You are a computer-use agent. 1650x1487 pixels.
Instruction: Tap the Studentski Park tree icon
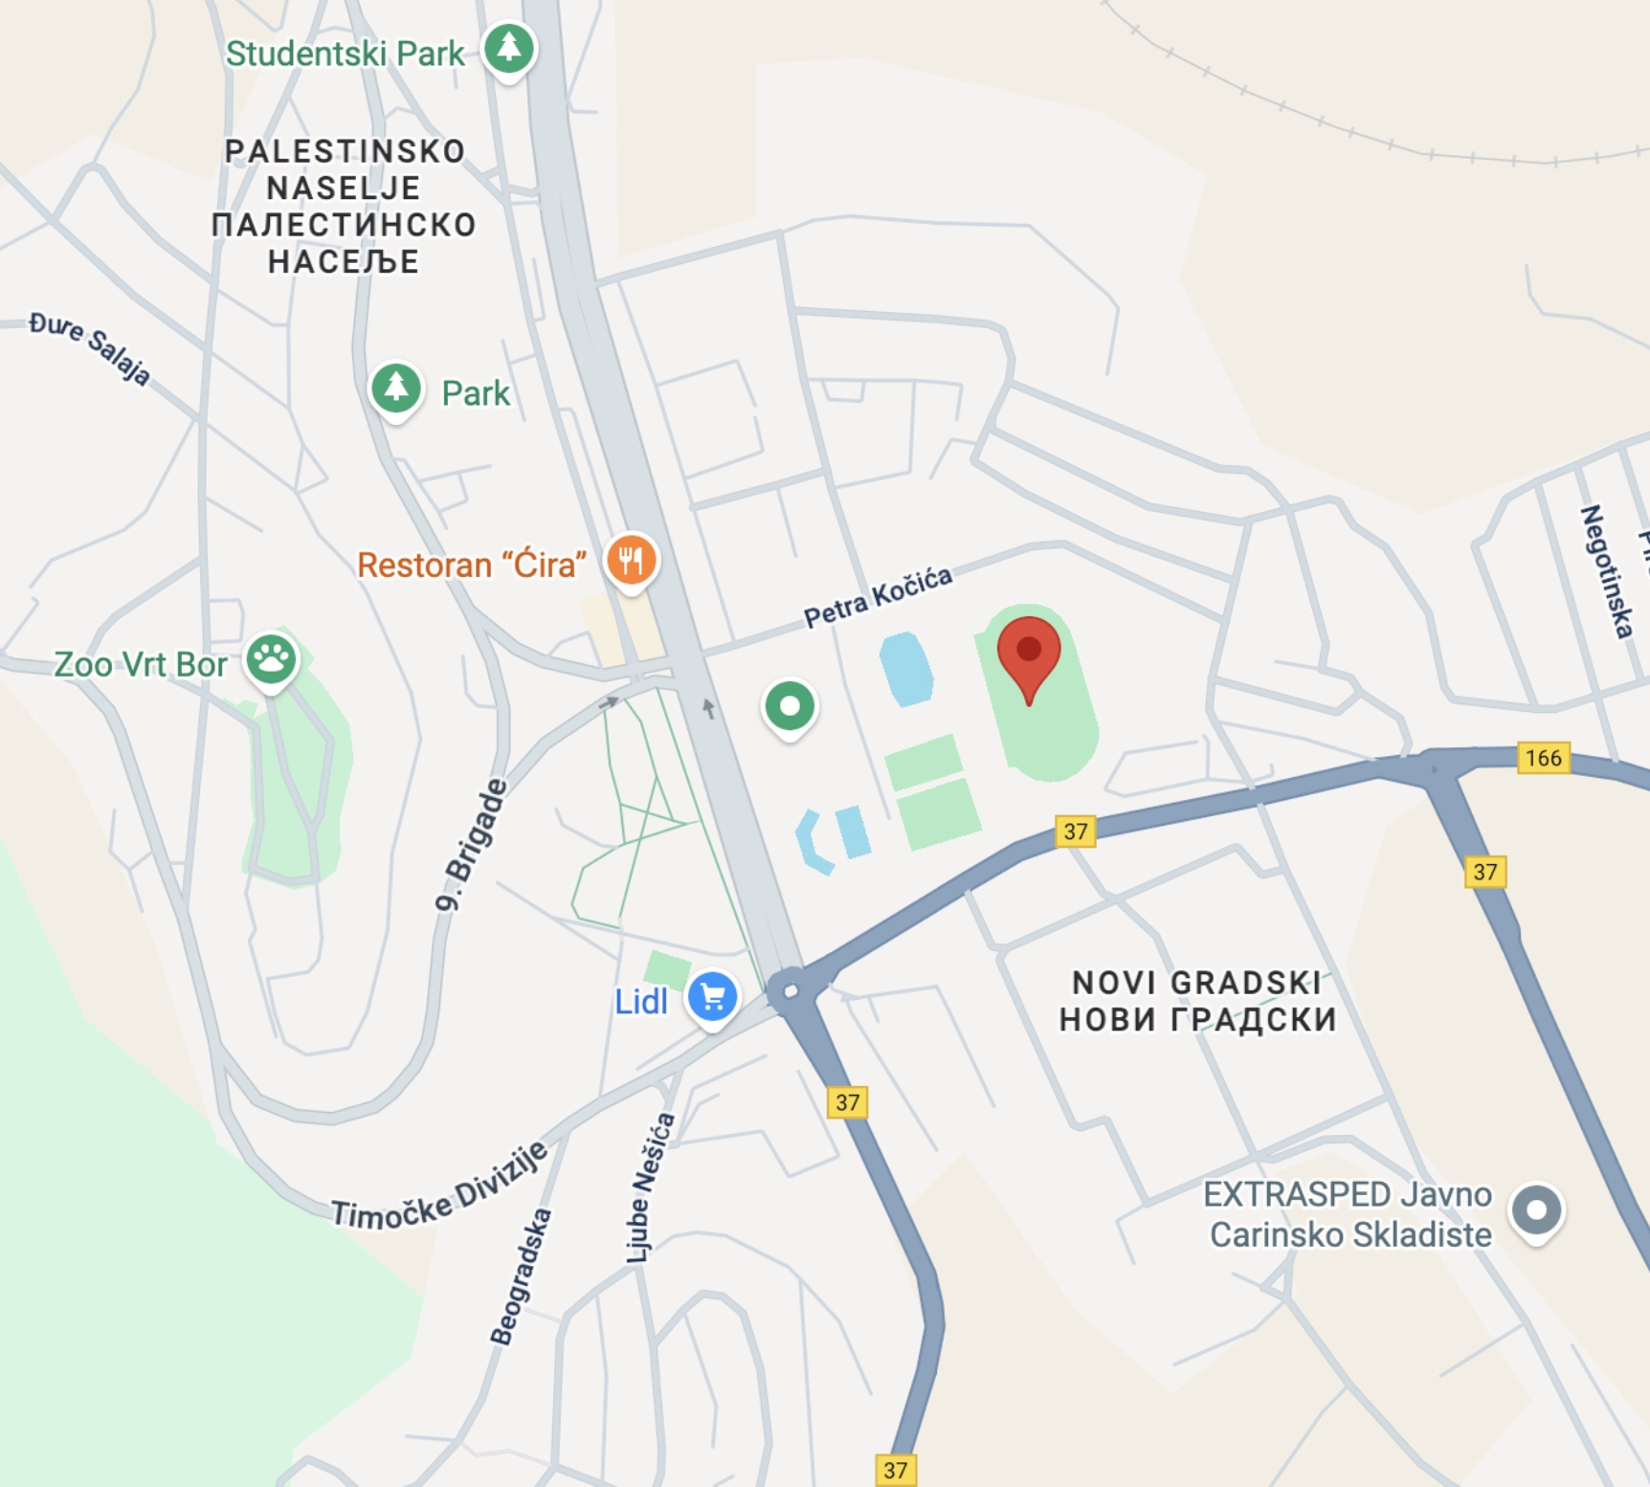[x=508, y=48]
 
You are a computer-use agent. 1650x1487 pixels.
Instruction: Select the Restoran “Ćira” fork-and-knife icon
[x=631, y=560]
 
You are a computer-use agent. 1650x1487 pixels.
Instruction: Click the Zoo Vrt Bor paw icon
[x=272, y=658]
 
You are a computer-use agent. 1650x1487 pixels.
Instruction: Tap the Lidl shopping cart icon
[x=713, y=998]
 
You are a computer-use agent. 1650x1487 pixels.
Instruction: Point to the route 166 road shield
[x=1543, y=758]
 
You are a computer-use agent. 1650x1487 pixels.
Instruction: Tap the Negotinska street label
[x=1607, y=571]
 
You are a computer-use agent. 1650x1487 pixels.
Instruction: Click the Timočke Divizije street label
[x=439, y=1187]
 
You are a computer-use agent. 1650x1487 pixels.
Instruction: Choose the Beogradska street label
[x=522, y=1276]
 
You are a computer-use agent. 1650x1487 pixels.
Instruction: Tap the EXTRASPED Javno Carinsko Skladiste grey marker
[x=1536, y=1210]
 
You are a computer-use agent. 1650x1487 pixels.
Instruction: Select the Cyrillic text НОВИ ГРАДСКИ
[x=1197, y=1020]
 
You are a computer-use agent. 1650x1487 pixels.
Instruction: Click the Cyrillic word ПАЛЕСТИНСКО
[x=344, y=225]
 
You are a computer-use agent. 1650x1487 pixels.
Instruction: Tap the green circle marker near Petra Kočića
[x=790, y=707]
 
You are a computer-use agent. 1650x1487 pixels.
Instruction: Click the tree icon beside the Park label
[x=396, y=388]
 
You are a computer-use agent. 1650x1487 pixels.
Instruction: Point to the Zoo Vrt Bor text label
[x=141, y=664]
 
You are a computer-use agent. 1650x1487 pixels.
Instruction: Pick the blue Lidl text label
[x=640, y=1002]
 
